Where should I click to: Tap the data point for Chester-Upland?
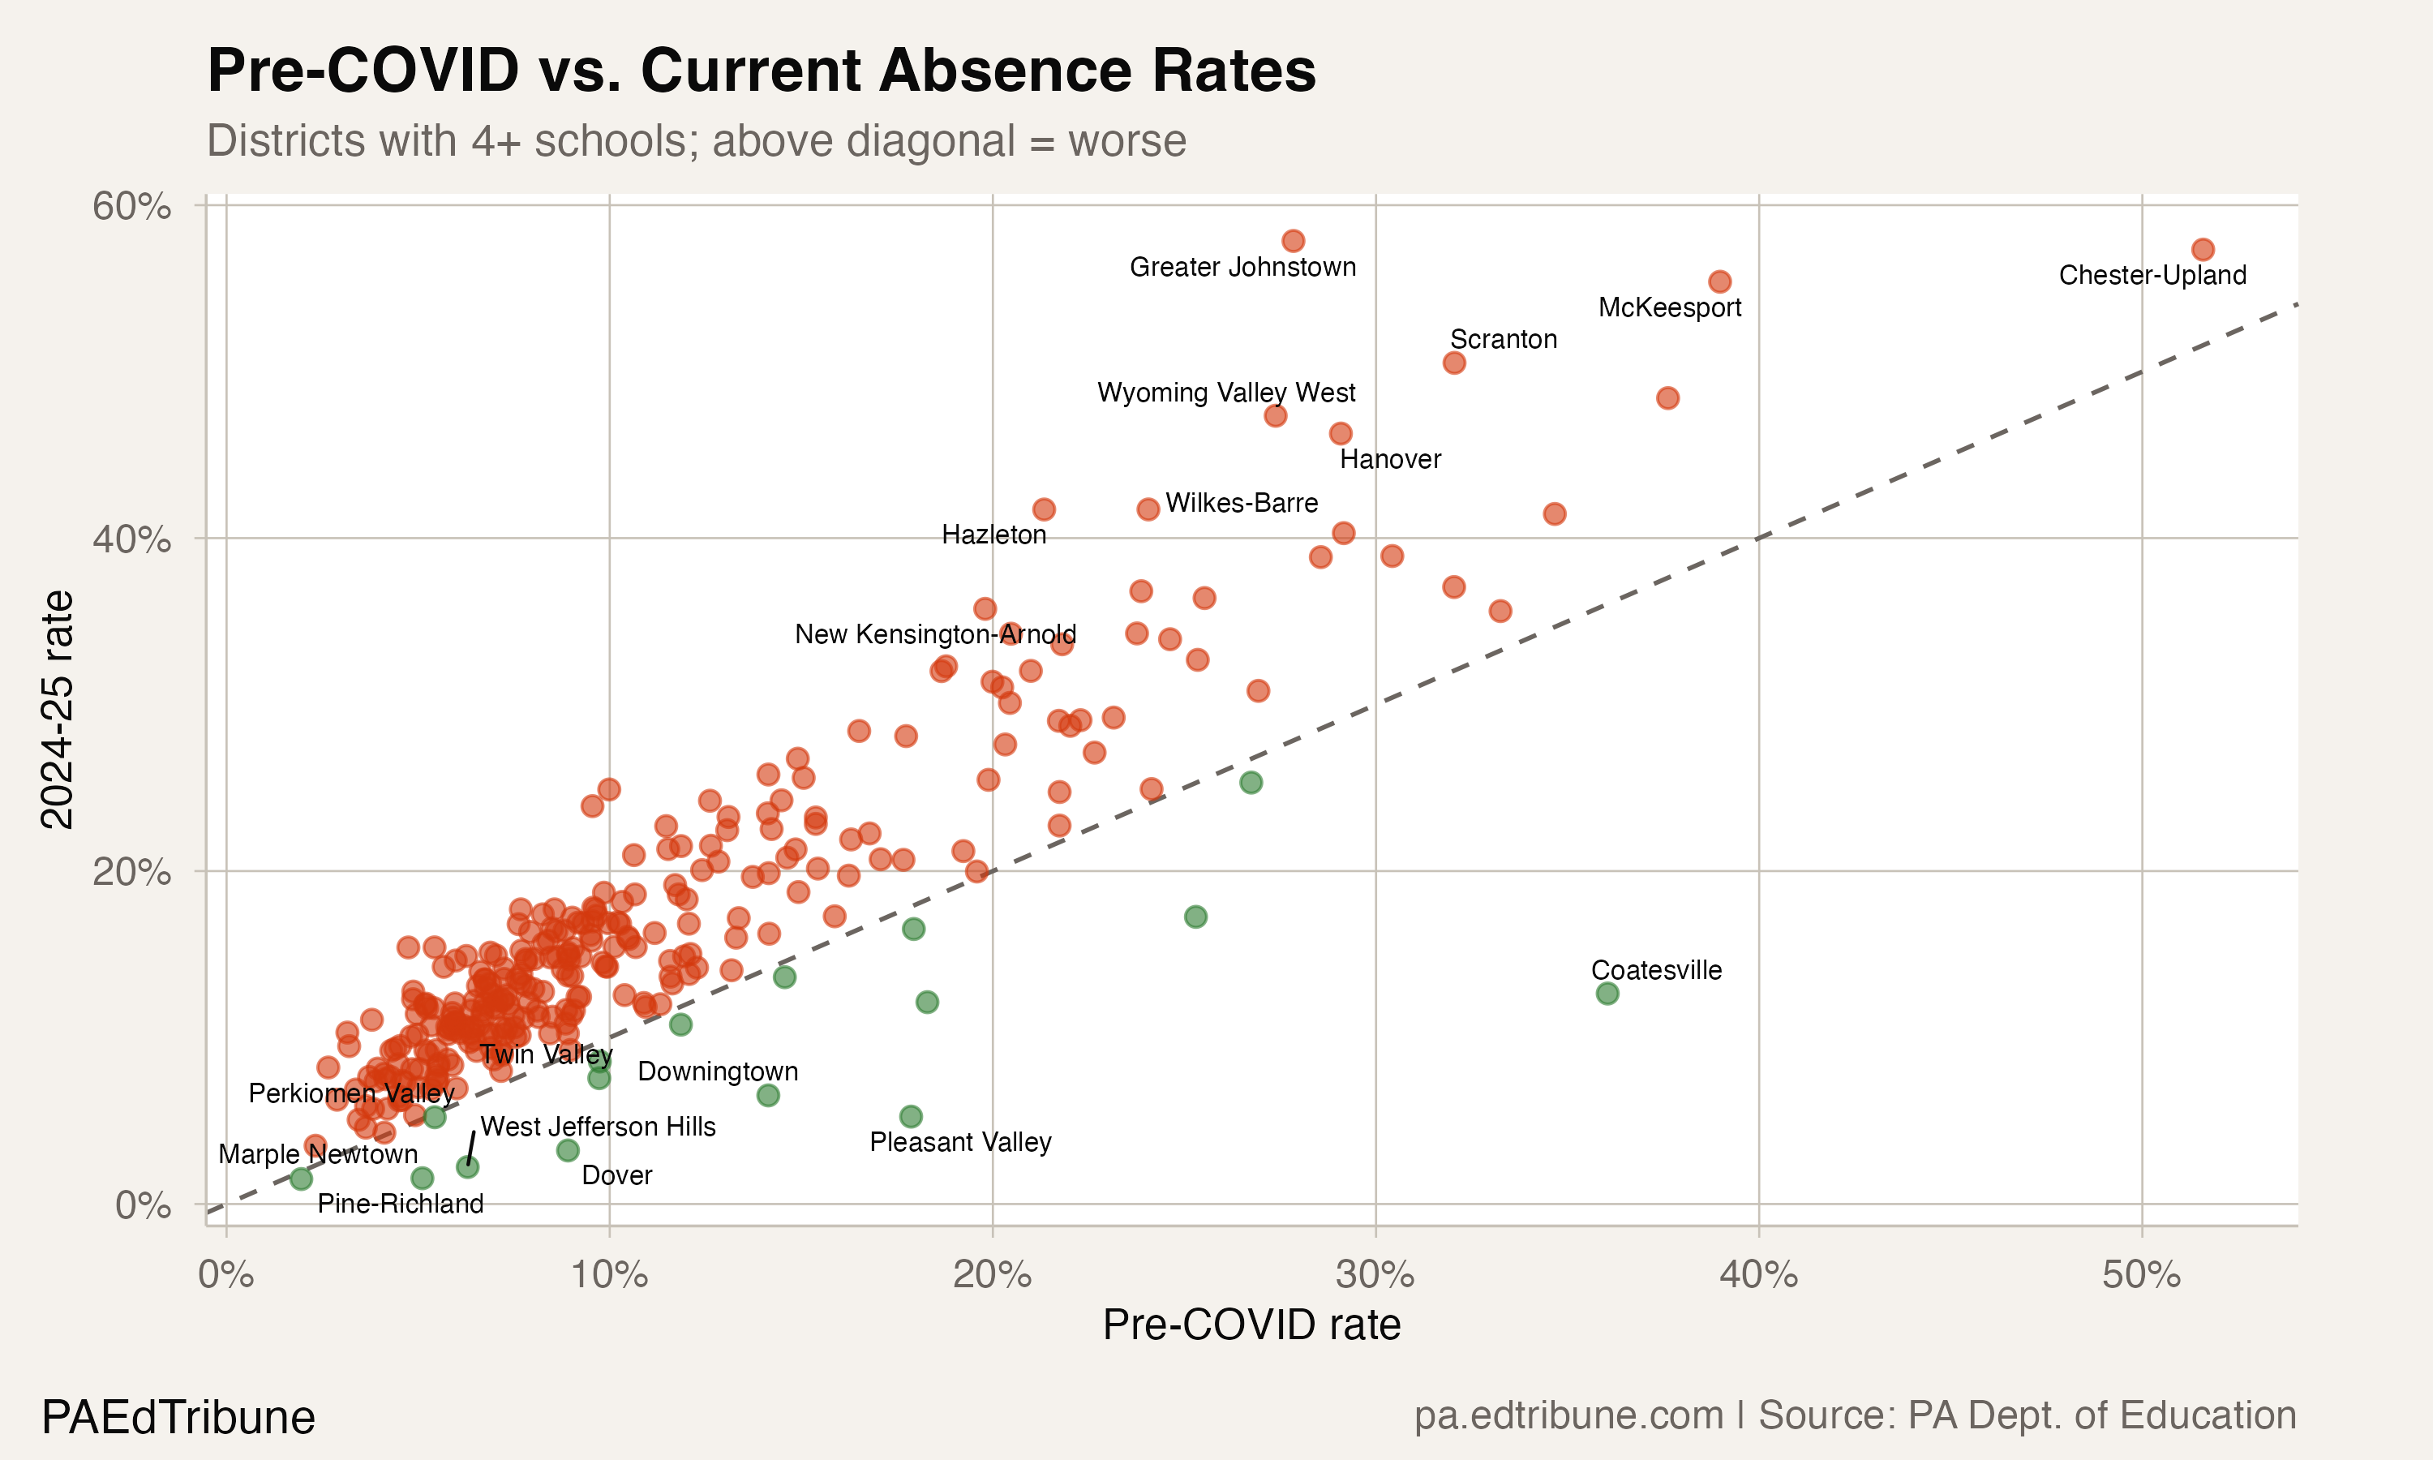pos(2203,250)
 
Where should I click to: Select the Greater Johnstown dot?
pos(1294,241)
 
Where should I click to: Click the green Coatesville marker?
pos(1607,994)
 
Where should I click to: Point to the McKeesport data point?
pos(1719,281)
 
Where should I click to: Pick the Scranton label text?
pos(1503,339)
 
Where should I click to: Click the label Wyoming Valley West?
pos(1225,393)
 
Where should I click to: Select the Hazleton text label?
pos(993,535)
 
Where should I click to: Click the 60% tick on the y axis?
pos(131,207)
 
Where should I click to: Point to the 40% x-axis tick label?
pos(1758,1275)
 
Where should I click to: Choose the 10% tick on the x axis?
pos(609,1275)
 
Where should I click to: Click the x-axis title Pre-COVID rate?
pos(1251,1325)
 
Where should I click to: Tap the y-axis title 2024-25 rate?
pos(57,710)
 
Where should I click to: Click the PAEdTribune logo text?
pos(178,1418)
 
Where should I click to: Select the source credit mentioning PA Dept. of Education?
pos(1855,1415)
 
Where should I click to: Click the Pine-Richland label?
pos(401,1203)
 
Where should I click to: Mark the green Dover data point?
pos(568,1150)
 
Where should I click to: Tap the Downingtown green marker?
pos(768,1095)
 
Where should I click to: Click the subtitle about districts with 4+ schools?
pos(697,140)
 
